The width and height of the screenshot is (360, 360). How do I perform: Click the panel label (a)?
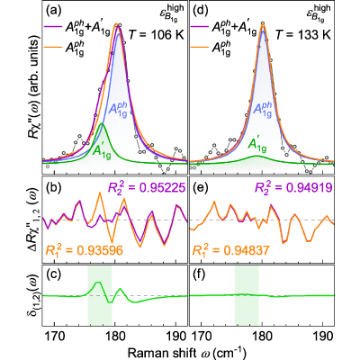(x=53, y=12)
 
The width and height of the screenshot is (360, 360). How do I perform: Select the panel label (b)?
(x=53, y=188)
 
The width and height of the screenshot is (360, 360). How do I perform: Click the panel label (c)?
(x=53, y=275)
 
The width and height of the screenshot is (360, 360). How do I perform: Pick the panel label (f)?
(x=201, y=275)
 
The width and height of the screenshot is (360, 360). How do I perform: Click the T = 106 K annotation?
(x=157, y=35)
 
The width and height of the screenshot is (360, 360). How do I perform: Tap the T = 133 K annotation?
(x=303, y=35)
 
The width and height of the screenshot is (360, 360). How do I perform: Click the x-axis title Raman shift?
(x=159, y=353)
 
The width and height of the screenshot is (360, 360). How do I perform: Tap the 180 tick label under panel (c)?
(x=115, y=337)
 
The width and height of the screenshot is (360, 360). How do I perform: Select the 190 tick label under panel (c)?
(x=175, y=337)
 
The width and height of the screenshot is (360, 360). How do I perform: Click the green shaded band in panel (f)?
(x=247, y=295)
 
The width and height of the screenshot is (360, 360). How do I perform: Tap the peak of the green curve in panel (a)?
(x=102, y=123)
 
